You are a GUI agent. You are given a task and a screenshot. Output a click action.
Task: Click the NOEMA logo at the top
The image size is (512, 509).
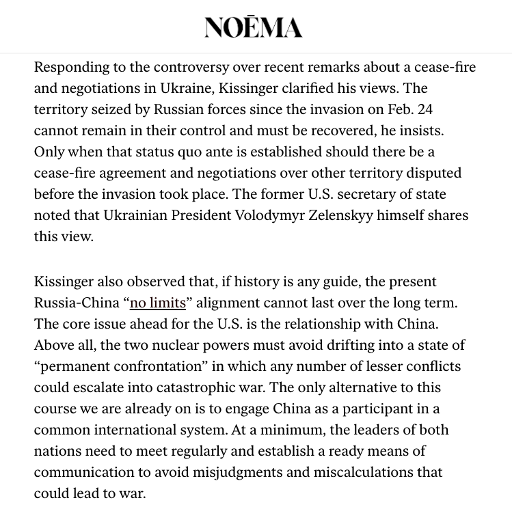pos(253,27)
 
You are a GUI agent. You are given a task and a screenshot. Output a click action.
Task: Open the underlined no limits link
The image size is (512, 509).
pos(158,303)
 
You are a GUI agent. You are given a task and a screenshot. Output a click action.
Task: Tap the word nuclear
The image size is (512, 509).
pos(210,345)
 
